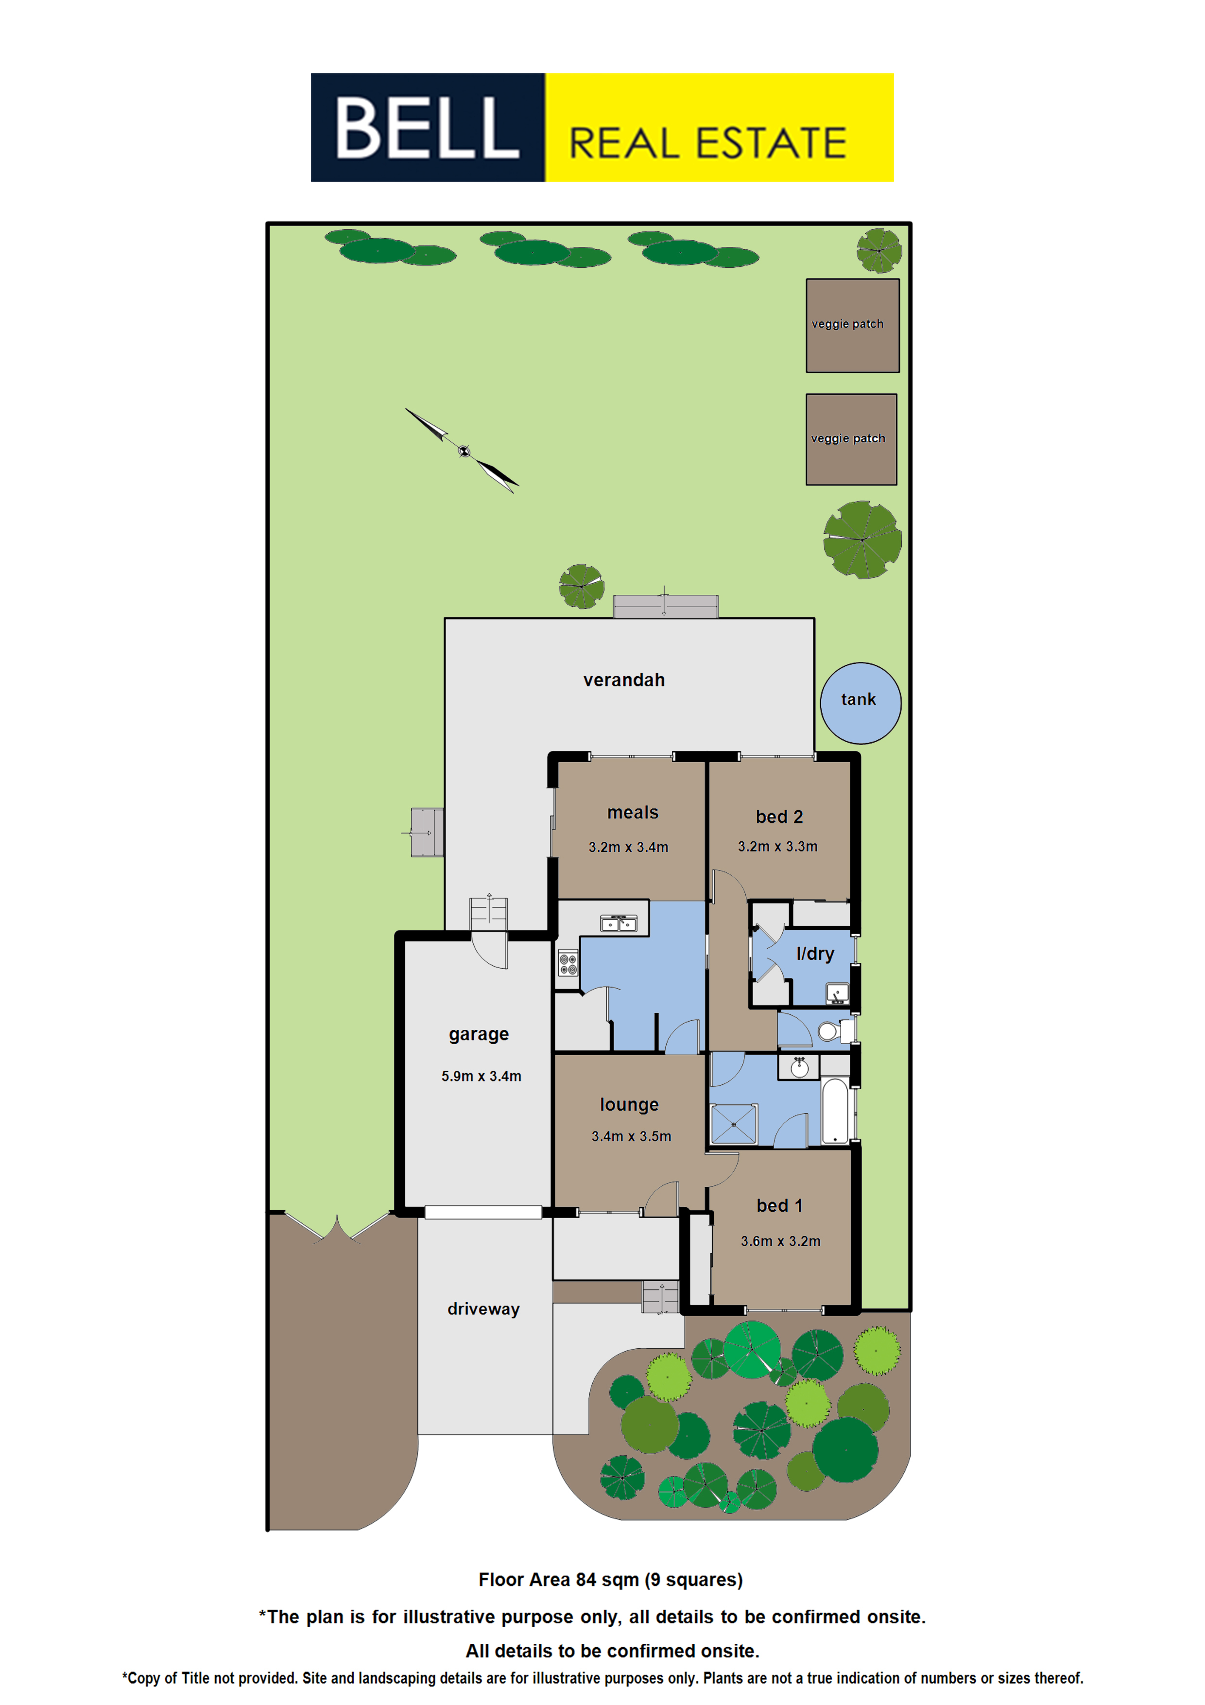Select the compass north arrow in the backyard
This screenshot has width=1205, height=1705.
click(462, 450)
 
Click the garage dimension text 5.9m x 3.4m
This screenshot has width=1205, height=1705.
click(481, 1076)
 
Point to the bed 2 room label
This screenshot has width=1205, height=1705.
click(779, 817)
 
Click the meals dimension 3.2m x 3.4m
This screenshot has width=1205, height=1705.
click(628, 847)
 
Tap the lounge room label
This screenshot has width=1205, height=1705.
click(629, 1104)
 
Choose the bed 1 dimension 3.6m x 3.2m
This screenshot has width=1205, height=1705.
click(780, 1241)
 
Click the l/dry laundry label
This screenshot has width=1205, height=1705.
click(814, 954)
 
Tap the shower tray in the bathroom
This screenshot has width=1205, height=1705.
click(734, 1124)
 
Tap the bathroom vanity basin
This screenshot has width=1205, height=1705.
click(799, 1067)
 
